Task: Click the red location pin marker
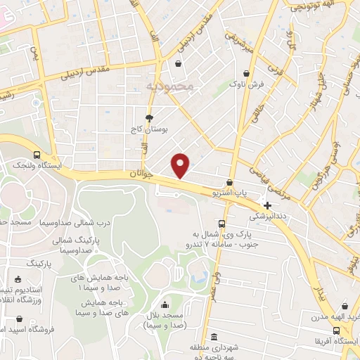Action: click(x=181, y=165)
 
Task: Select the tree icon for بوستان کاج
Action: click(x=149, y=118)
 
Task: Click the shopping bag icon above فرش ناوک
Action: click(x=246, y=73)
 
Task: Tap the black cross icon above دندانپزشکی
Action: click(x=267, y=205)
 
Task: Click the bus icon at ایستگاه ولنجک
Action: click(x=37, y=155)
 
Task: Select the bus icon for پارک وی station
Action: click(x=221, y=224)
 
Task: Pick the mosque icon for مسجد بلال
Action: click(x=165, y=304)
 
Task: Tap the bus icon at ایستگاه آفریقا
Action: click(x=346, y=332)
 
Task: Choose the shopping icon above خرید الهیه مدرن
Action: click(x=345, y=307)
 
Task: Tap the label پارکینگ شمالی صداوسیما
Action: click(x=73, y=245)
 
